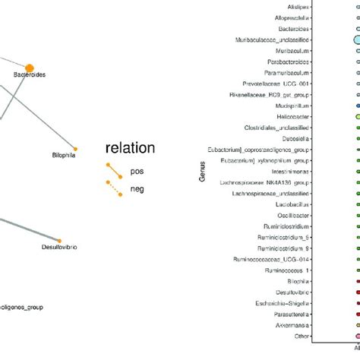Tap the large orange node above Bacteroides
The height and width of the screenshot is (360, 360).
tap(30, 68)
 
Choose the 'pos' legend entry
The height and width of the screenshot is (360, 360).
tap(137, 171)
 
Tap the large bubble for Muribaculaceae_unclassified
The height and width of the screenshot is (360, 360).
tap(356, 39)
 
